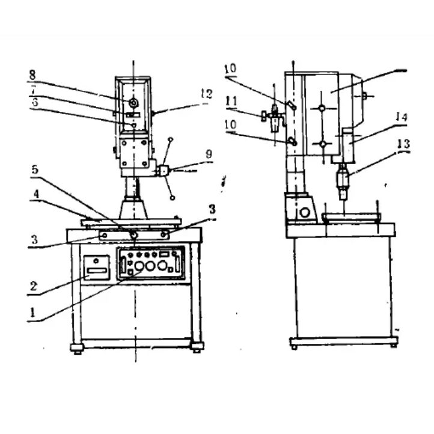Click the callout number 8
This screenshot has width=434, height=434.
coord(32,76)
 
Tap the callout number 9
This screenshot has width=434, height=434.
coord(208,154)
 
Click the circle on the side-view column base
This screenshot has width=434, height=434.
coord(305,212)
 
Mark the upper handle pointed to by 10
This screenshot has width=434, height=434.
coord(291,106)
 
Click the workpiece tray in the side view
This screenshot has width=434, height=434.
coord(352,216)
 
